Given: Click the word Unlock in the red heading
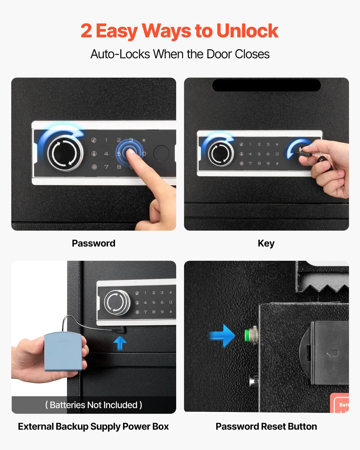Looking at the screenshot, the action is tap(247, 31).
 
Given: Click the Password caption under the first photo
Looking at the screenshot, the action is tap(94, 243).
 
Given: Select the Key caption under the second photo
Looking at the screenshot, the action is tap(266, 244).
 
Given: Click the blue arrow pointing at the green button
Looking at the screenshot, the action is tap(222, 335).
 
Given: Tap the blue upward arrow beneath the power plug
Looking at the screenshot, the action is tap(120, 343).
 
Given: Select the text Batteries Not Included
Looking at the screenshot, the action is tap(94, 405).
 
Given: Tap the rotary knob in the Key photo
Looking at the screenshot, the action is tap(220, 154).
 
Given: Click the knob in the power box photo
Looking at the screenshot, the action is tap(117, 302).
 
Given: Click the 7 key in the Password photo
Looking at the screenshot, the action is tap(106, 167).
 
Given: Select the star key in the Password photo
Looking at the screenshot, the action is tap(144, 140).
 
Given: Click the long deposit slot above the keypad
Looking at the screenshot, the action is tap(266, 85).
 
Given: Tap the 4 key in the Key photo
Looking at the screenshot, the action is tap(250, 154).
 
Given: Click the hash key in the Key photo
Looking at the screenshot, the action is tap(277, 163).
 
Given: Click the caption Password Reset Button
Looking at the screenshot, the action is tap(266, 426).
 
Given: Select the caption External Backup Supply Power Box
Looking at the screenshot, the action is tap(93, 426).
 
